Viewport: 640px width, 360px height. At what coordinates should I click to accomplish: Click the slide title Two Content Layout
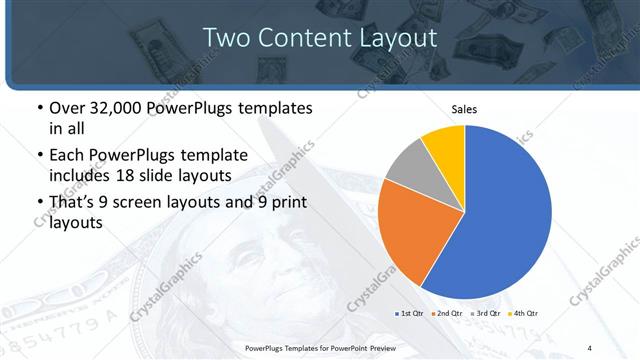[x=320, y=37]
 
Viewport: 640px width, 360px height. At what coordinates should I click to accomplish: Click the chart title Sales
[x=464, y=109]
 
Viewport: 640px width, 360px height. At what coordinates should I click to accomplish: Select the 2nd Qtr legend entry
[x=445, y=314]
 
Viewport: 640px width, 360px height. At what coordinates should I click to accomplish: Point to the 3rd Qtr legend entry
[x=484, y=314]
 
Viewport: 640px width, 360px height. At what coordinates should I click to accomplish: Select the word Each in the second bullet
[x=69, y=154]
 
